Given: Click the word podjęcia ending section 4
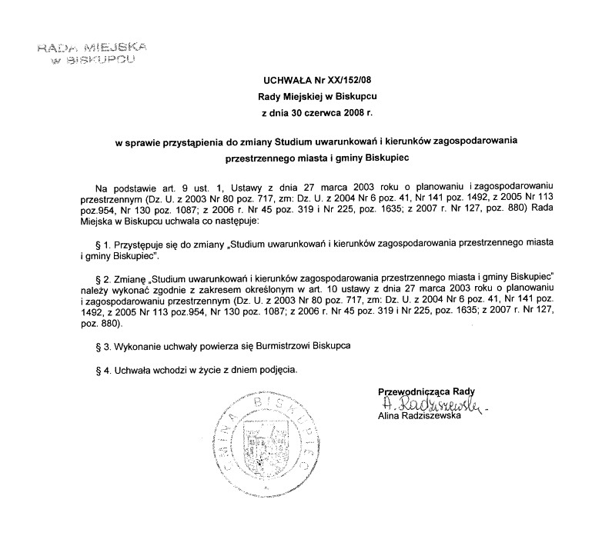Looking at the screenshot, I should click(276, 370).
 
